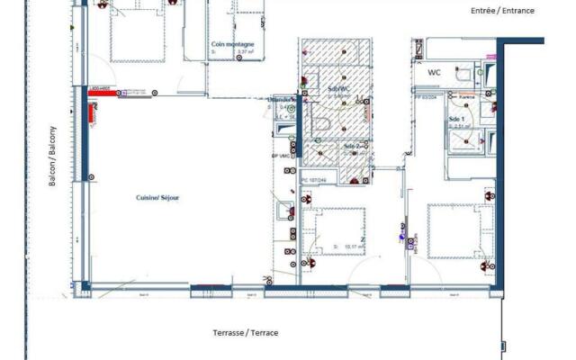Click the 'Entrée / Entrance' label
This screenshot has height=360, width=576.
pyautogui.click(x=502, y=11)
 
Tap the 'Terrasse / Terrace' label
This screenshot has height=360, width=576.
pyautogui.click(x=245, y=333)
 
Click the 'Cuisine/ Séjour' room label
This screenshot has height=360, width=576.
pyautogui.click(x=157, y=198)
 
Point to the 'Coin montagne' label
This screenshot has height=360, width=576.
pyautogui.click(x=232, y=44)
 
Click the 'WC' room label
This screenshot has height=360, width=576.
pyautogui.click(x=435, y=72)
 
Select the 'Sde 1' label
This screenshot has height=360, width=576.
pyautogui.click(x=456, y=119)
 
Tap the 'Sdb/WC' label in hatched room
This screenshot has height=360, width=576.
pyautogui.click(x=339, y=87)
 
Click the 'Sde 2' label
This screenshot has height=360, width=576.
pyautogui.click(x=352, y=146)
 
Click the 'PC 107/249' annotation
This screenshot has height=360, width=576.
pyautogui.click(x=312, y=180)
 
